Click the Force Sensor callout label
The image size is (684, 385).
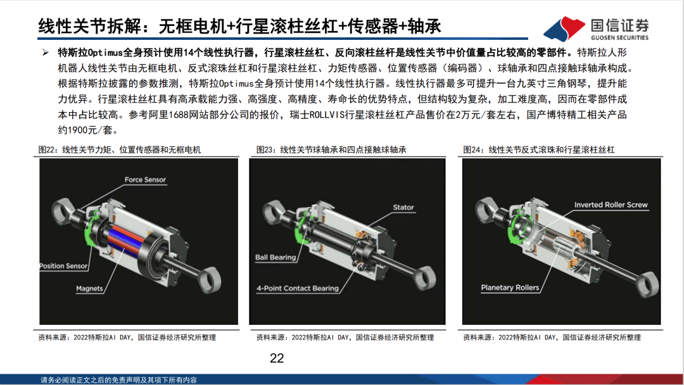tap(145, 180)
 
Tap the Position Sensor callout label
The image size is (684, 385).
tap(64, 266)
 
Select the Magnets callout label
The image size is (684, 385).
tap(89, 289)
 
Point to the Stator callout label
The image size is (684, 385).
tap(403, 208)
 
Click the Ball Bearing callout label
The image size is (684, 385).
tap(275, 257)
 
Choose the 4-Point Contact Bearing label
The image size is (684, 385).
tap(298, 288)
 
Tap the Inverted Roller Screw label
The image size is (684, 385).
tap(611, 205)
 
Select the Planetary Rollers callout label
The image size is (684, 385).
tap(510, 287)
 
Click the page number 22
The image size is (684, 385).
tap(277, 358)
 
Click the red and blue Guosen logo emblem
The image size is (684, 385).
tap(564, 28)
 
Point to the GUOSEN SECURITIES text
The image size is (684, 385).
tap(619, 38)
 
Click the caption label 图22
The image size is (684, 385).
tap(47, 150)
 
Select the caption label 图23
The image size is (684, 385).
tap(265, 150)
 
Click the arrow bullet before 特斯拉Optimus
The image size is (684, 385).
tap(46, 53)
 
